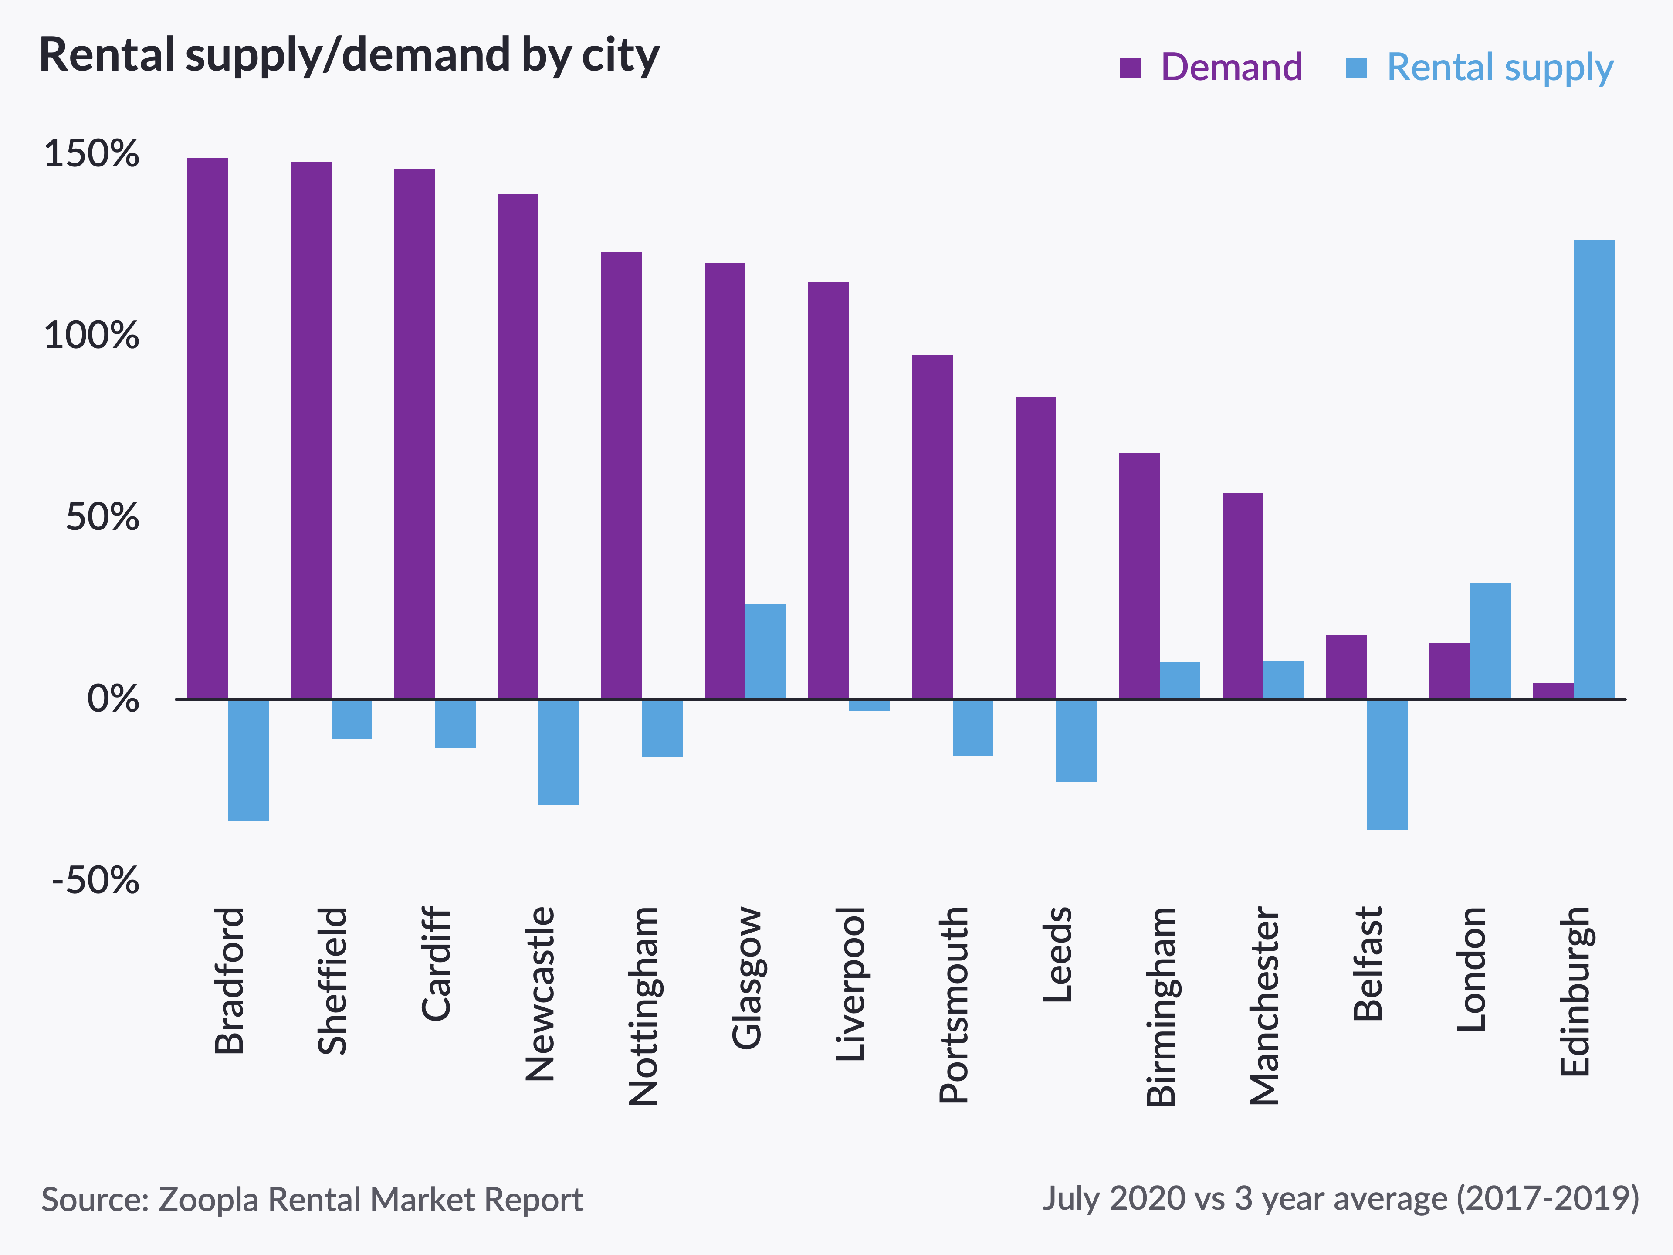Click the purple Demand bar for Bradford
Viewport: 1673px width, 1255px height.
tap(207, 427)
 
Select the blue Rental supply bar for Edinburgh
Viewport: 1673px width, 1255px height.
tap(1594, 469)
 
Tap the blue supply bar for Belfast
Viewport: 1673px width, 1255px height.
tap(1387, 764)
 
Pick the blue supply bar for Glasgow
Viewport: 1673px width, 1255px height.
tap(765, 651)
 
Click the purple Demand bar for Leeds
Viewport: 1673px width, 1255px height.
tap(1036, 548)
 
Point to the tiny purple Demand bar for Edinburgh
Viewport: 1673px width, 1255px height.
tap(1553, 691)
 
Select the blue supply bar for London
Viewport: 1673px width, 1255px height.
tap(1490, 640)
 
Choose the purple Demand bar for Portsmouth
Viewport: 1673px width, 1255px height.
tap(932, 526)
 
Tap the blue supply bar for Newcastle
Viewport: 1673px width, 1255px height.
tap(559, 751)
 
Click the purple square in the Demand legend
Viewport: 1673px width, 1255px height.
tap(1130, 68)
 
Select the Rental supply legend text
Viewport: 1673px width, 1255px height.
tap(1500, 68)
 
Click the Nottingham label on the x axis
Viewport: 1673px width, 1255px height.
tap(643, 1006)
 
